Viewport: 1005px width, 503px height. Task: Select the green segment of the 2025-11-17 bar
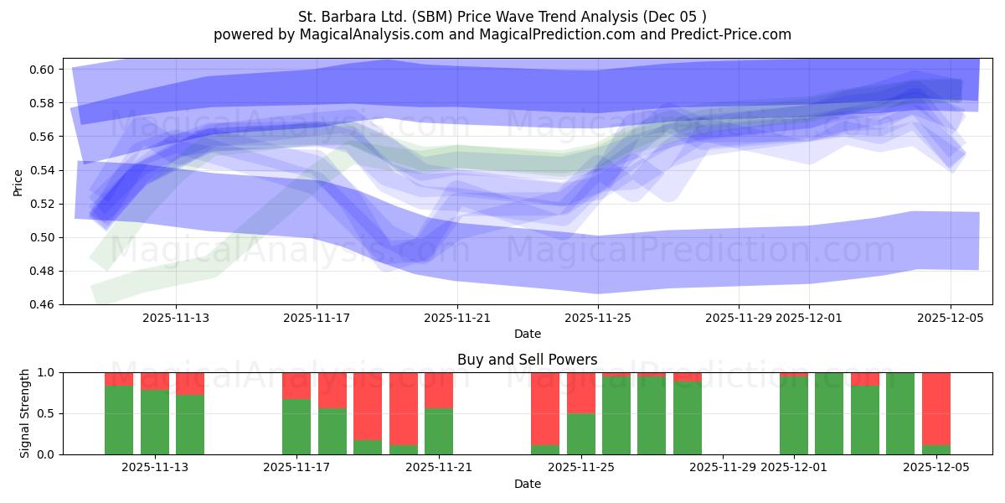click(296, 427)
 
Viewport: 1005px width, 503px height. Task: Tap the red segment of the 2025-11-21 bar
click(439, 390)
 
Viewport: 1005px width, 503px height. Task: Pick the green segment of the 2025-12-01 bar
click(793, 416)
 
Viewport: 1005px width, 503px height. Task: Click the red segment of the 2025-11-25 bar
click(581, 392)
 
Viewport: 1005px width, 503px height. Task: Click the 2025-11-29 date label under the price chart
click(738, 318)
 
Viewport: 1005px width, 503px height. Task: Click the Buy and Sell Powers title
click(527, 360)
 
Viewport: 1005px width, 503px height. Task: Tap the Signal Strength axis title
click(25, 413)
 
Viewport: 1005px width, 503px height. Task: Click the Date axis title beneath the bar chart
click(527, 484)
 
